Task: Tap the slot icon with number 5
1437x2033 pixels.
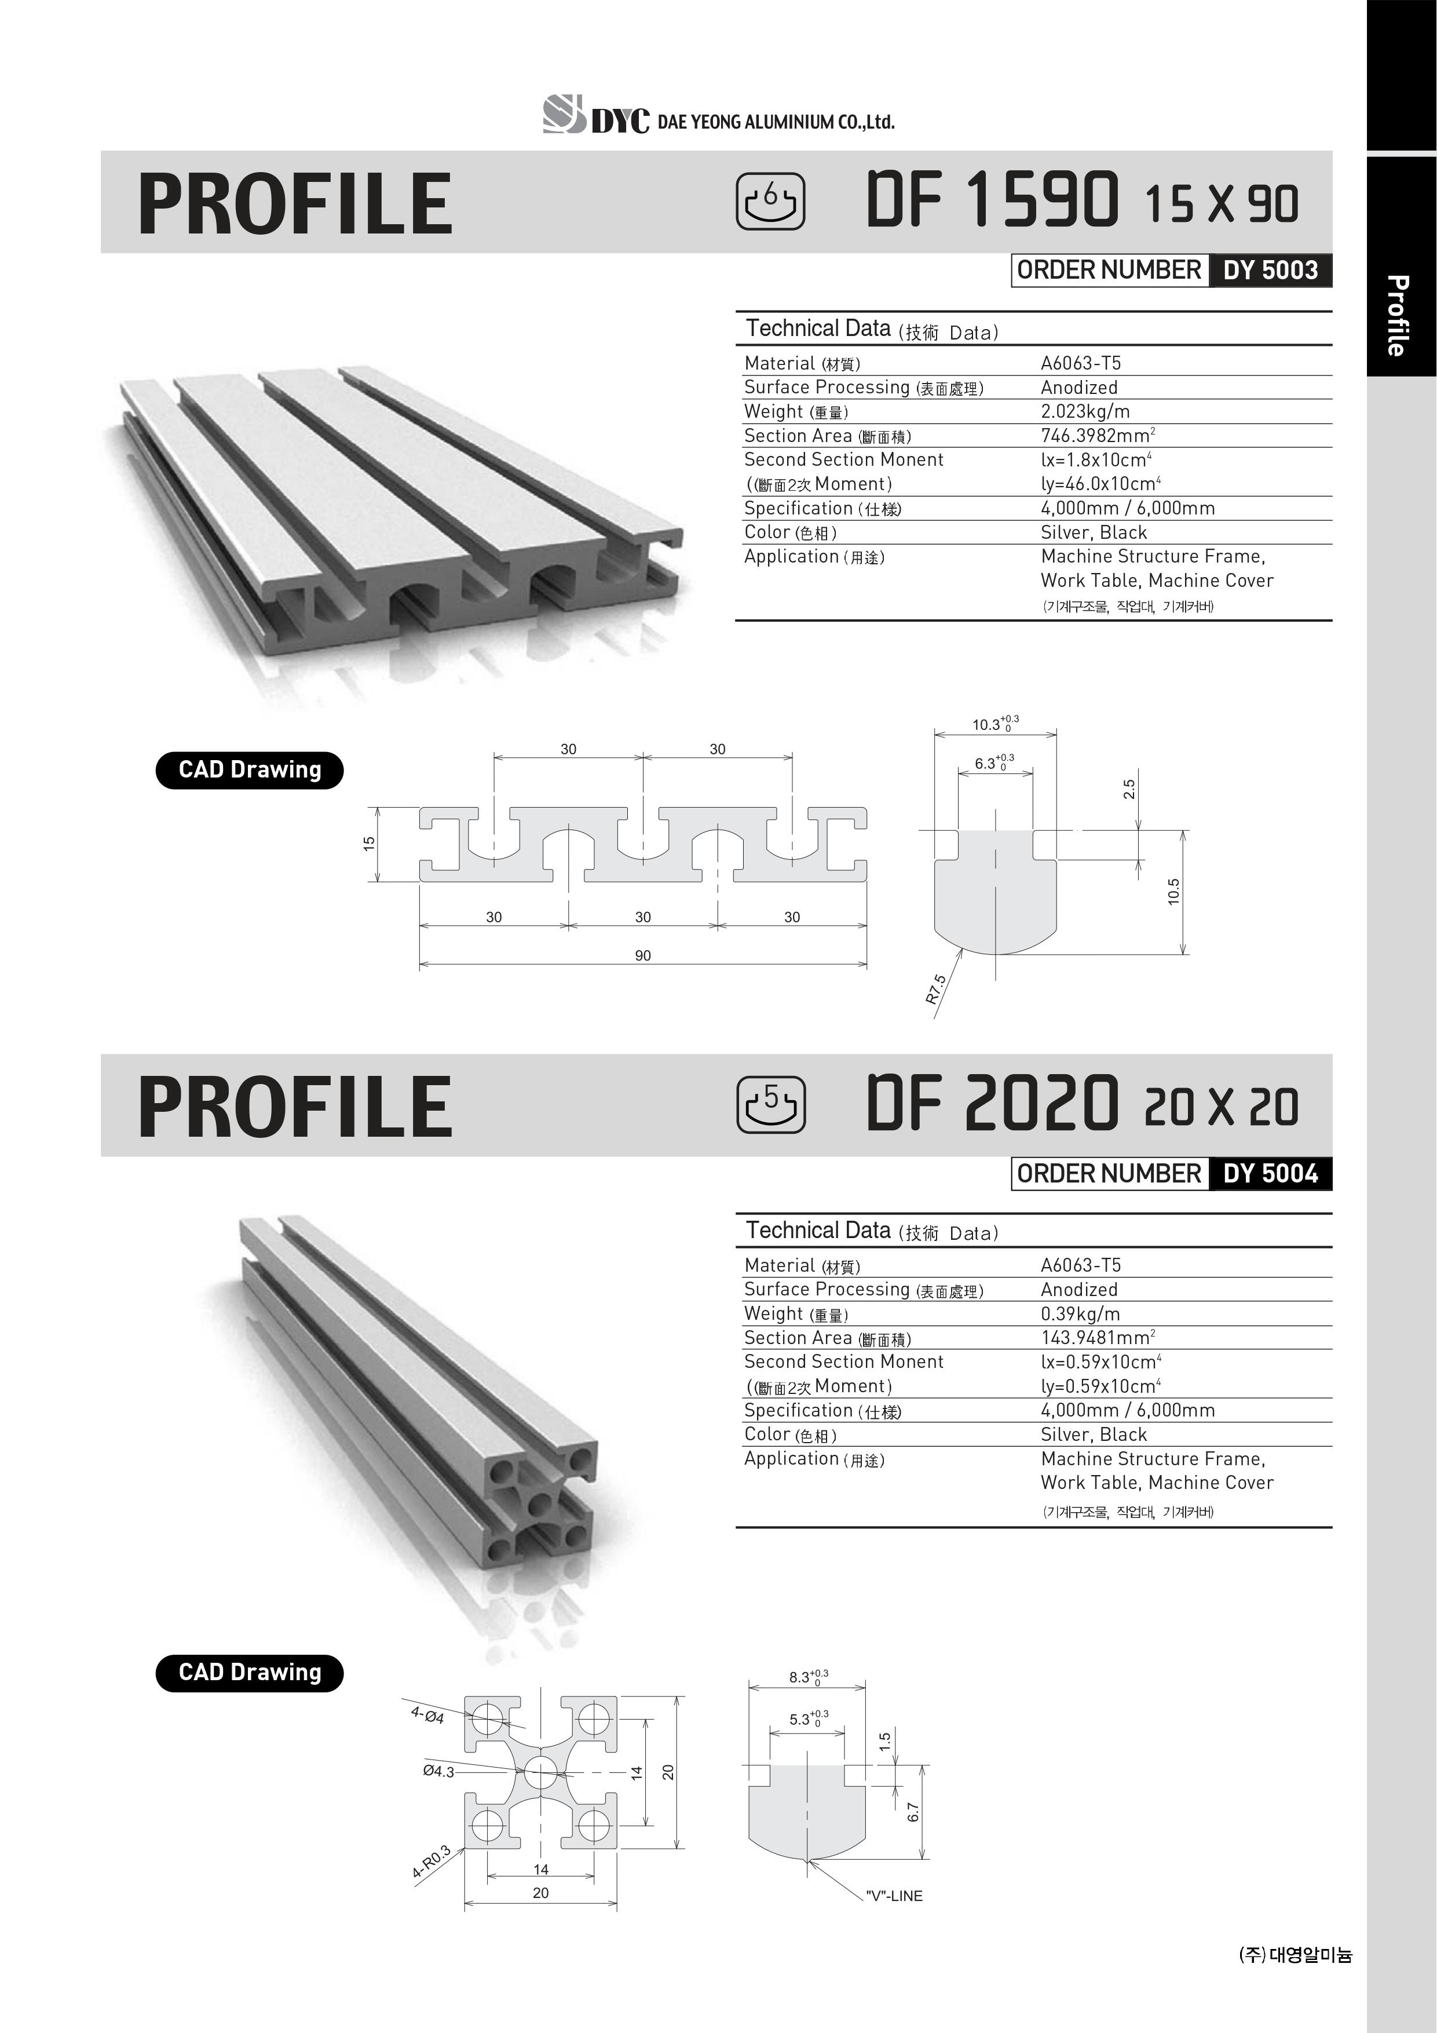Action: click(770, 1104)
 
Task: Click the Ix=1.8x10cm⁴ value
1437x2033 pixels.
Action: click(1095, 459)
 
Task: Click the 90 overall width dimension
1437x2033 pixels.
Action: click(643, 955)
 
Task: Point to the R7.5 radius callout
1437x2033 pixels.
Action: click(937, 989)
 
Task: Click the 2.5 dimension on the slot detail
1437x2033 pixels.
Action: click(1129, 789)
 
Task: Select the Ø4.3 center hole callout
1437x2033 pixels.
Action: click(438, 1772)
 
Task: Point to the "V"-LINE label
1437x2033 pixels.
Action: click(894, 1896)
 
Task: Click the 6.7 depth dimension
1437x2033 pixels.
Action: click(913, 1812)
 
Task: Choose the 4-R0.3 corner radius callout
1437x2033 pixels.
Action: click(431, 1862)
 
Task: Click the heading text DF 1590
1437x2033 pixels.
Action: click(992, 200)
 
